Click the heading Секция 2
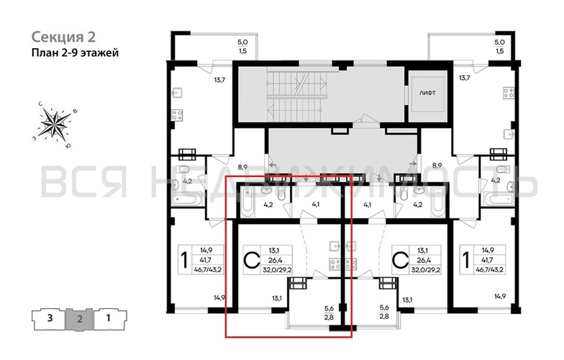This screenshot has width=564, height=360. point(63,37)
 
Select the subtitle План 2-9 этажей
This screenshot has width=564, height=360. point(75,53)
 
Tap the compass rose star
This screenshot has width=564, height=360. point(55,122)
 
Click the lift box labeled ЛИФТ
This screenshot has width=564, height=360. point(427,93)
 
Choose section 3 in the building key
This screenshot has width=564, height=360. point(50,318)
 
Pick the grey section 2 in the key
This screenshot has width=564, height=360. point(80,318)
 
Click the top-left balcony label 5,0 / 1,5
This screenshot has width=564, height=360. point(242,47)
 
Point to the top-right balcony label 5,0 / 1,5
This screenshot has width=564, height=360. point(499,47)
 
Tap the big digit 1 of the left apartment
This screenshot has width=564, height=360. point(184,261)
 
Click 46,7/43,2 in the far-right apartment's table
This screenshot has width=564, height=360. point(491,269)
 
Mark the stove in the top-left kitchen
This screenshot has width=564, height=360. point(177,115)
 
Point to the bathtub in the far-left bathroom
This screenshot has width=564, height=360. point(187,199)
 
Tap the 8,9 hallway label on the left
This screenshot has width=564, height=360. point(242,167)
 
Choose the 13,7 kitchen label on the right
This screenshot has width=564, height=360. point(465,78)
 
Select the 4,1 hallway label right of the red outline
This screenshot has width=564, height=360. point(367,206)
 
